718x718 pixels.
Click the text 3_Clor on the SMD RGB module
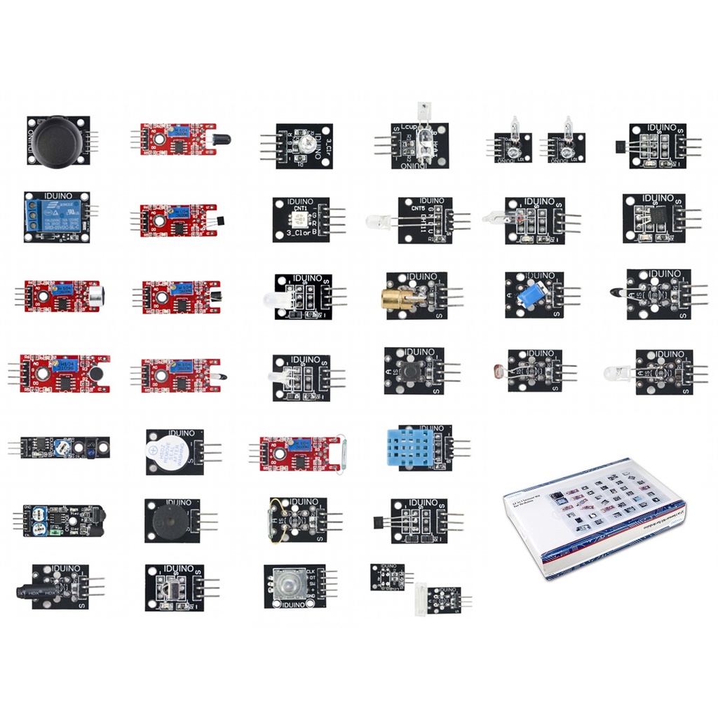(302, 232)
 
